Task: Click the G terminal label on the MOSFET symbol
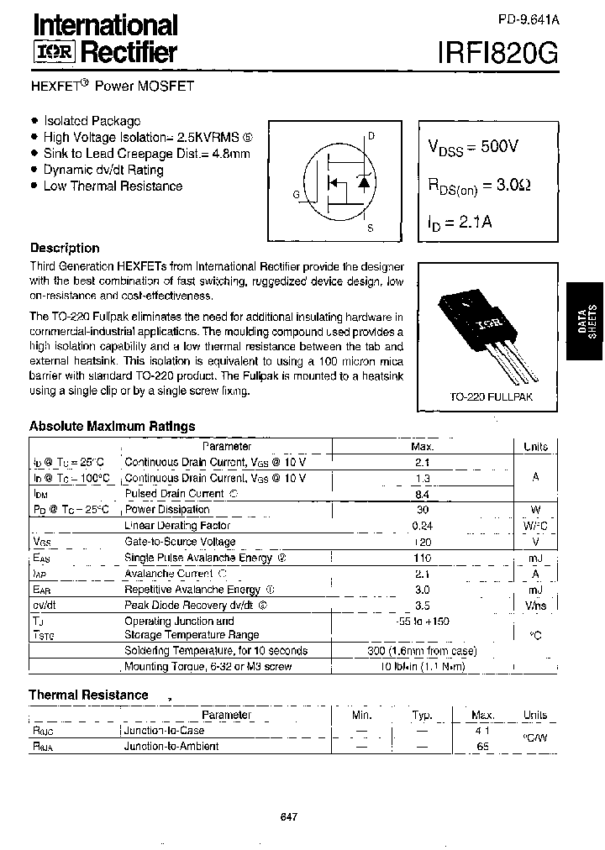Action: click(x=296, y=195)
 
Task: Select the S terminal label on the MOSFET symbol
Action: click(x=371, y=228)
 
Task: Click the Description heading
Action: click(x=65, y=248)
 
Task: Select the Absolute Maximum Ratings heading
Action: click(x=112, y=426)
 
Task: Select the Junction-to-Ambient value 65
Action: click(x=482, y=745)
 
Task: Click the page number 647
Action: click(x=287, y=817)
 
